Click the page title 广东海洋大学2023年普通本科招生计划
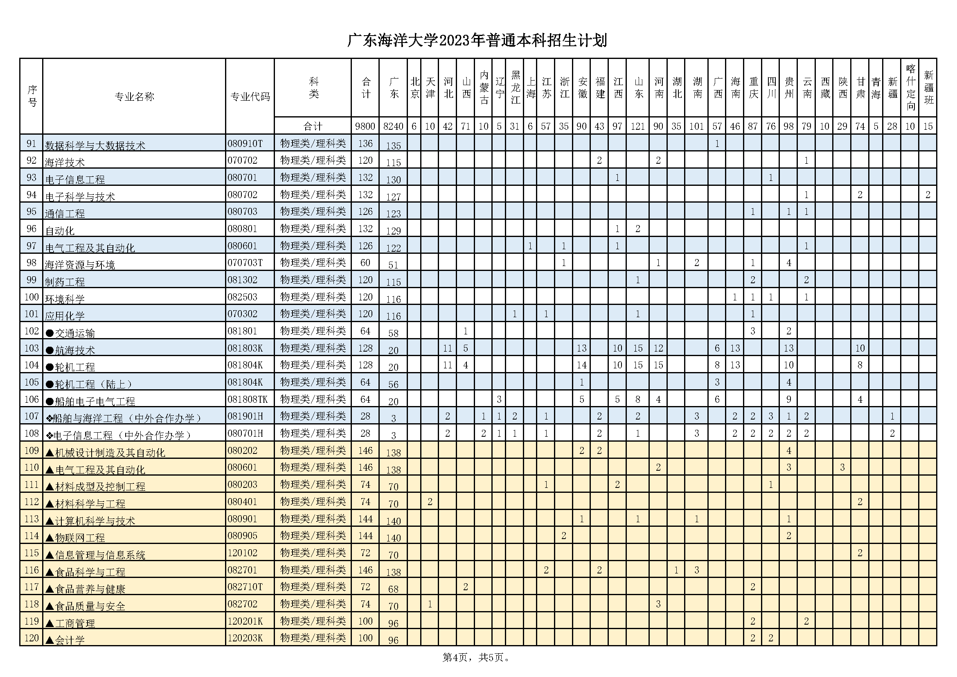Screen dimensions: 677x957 477,41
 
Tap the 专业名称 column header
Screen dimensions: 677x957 134,97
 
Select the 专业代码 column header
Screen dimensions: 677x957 250,97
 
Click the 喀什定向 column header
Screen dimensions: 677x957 910,88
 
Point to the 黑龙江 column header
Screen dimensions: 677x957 516,88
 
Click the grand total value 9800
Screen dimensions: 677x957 365,126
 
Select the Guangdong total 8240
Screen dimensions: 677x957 393,126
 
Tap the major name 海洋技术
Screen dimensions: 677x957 65,162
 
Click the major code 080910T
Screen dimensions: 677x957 245,144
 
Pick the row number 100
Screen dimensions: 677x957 32,297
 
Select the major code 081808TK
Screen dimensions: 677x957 248,399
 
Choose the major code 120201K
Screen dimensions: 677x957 245,621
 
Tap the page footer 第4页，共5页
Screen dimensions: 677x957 476,657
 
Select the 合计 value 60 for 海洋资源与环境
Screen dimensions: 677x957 365,263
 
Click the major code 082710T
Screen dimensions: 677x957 245,587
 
